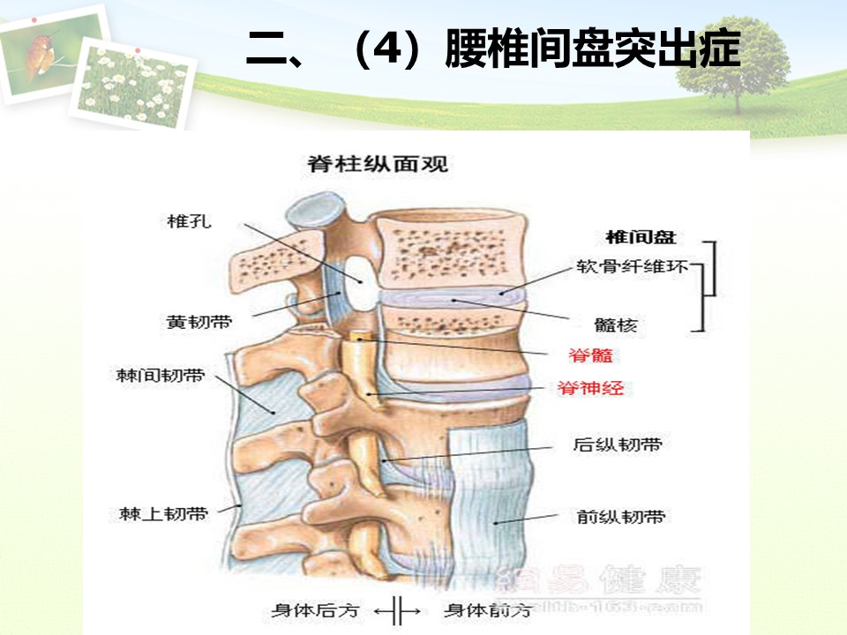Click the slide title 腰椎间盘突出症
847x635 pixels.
click(x=493, y=49)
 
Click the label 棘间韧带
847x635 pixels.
click(x=173, y=377)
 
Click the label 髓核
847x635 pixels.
click(x=616, y=325)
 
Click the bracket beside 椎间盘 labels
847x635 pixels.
click(x=710, y=287)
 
